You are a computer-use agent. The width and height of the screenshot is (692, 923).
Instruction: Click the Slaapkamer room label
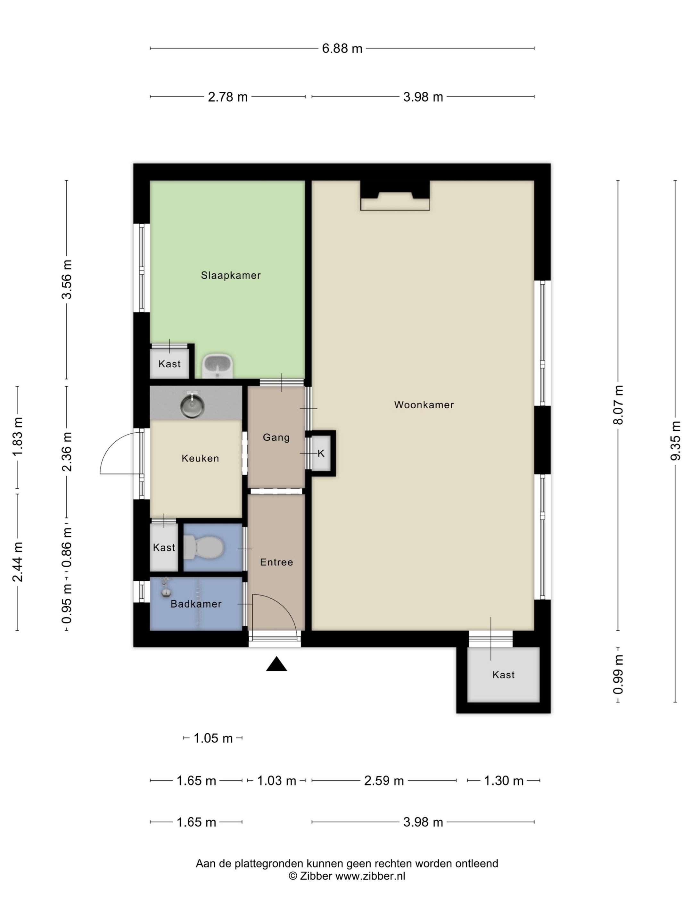(231, 275)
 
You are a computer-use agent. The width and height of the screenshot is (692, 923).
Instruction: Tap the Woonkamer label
(424, 405)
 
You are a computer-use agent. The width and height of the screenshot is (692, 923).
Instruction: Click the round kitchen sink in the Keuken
(192, 405)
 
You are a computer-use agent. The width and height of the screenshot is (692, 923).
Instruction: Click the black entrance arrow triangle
(276, 664)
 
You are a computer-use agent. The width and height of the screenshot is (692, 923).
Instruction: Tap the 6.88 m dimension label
(342, 49)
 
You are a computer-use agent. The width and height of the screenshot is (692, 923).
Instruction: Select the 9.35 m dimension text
(675, 441)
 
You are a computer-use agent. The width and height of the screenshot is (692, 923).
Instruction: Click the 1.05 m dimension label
(213, 738)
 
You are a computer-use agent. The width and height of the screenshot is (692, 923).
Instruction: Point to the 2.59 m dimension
(384, 781)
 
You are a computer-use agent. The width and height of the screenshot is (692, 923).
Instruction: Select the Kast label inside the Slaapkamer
(169, 364)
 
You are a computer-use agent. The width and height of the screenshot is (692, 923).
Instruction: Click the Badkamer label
(196, 604)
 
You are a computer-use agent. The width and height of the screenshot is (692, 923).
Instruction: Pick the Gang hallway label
(276, 437)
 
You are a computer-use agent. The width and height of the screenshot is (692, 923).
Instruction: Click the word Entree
(276, 562)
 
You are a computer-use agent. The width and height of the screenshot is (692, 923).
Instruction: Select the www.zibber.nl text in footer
(370, 876)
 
